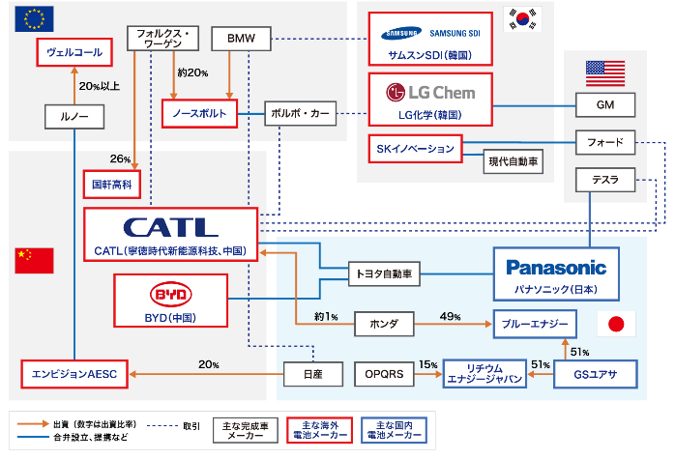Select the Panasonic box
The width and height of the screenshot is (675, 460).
pyautogui.click(x=556, y=273)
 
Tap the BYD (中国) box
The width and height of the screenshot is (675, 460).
pyautogui.click(x=170, y=300)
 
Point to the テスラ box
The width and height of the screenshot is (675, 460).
pyautogui.click(x=605, y=180)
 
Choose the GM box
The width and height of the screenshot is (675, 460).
pyautogui.click(x=606, y=102)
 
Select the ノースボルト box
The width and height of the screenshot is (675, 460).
pyautogui.click(x=200, y=114)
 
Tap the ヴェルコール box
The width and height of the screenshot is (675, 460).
pyautogui.click(x=74, y=52)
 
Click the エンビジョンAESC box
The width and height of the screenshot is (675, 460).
pyautogui.click(x=74, y=373)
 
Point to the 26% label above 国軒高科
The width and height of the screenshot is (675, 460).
pyautogui.click(x=120, y=158)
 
